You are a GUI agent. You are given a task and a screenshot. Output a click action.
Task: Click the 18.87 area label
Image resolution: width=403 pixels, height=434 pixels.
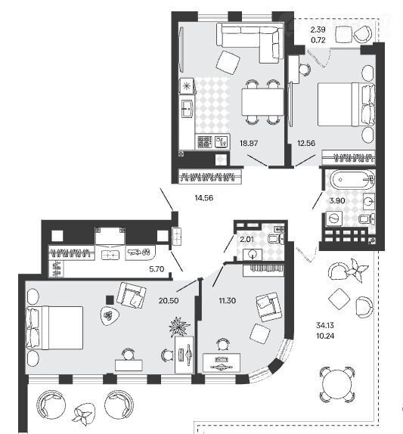249,143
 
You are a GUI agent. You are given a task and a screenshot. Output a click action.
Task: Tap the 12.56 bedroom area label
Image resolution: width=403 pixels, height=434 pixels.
306,143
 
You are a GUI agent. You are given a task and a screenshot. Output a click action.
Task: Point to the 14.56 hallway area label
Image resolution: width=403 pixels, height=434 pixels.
204,198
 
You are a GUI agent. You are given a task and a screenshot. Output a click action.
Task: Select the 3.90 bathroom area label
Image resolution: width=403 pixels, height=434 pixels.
337,200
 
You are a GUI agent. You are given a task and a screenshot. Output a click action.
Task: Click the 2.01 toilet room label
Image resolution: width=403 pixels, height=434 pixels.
246,240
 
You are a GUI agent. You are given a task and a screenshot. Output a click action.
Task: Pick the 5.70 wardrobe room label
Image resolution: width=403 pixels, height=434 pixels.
157,269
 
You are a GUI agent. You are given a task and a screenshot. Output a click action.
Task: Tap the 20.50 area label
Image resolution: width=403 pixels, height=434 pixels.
169,300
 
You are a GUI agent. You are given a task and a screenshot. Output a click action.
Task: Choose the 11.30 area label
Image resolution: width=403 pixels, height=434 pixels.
228,300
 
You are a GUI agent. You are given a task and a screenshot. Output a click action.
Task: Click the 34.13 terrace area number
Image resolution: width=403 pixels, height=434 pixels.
325,325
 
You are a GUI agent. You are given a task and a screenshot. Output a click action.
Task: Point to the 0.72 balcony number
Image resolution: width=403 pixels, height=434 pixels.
318,40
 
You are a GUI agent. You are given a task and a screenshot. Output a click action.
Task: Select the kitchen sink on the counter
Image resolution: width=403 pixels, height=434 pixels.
188,109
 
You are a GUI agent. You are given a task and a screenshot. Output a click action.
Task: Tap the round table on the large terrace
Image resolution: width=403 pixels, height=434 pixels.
337,384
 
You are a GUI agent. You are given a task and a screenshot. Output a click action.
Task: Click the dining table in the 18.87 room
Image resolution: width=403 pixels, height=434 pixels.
262,101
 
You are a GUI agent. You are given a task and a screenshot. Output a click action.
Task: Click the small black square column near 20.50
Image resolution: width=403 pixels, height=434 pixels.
110,299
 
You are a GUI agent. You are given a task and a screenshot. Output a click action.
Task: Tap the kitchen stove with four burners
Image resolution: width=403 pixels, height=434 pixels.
205,142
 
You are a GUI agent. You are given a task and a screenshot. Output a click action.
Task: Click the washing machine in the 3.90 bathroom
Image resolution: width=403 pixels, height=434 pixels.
334,219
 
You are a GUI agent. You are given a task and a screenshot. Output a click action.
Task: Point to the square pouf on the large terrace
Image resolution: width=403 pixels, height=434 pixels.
339,299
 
